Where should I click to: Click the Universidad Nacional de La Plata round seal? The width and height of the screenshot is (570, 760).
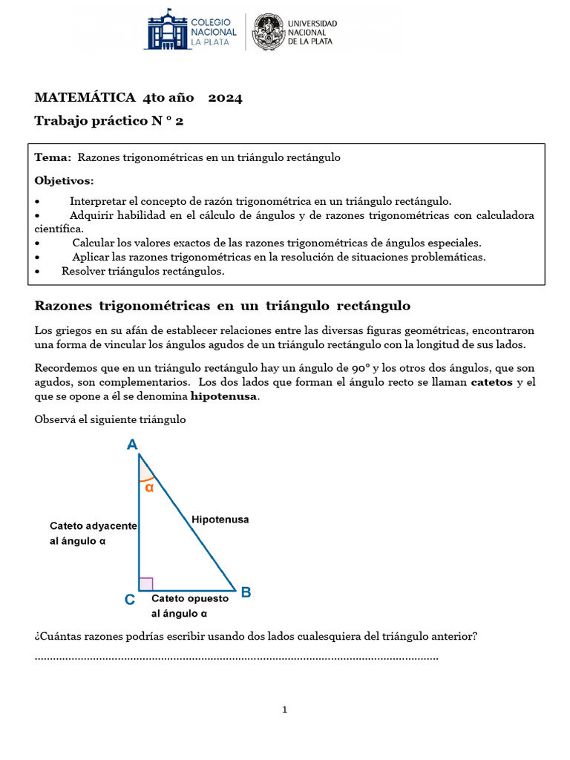tap(267, 32)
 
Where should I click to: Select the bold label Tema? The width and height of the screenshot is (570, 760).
tap(53, 157)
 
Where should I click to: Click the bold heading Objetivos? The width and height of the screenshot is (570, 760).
tap(65, 180)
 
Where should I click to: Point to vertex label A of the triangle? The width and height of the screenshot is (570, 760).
tap(132, 445)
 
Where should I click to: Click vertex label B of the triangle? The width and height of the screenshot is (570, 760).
tap(246, 592)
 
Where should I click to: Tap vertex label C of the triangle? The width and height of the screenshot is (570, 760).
tap(129, 600)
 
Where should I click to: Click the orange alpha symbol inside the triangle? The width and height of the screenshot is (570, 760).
tap(149, 488)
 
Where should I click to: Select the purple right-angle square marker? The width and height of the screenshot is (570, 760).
tap(146, 584)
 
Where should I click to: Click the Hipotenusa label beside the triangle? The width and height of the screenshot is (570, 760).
tap(220, 520)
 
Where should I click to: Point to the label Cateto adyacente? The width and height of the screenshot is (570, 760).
tap(93, 525)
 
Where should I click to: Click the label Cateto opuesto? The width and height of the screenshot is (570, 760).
tap(190, 598)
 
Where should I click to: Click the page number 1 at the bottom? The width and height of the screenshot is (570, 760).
tap(284, 710)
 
